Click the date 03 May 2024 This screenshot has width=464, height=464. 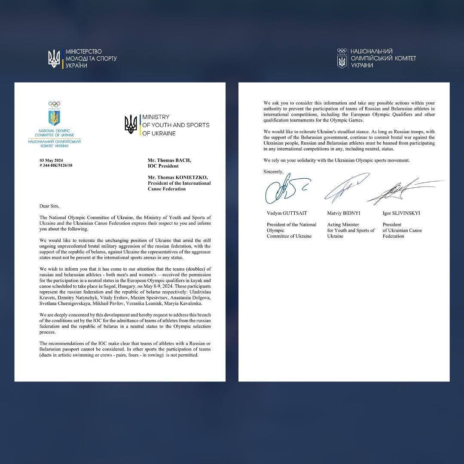pyautogui.click(x=50, y=160)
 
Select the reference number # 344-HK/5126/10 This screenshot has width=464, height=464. pyautogui.click(x=56, y=165)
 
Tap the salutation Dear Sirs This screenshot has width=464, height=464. pyautogui.click(x=49, y=206)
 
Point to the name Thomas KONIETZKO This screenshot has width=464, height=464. pyautogui.click(x=179, y=177)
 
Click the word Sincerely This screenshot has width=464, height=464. pyautogui.click(x=274, y=171)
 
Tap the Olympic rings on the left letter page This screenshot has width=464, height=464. pyautogui.click(x=54, y=104)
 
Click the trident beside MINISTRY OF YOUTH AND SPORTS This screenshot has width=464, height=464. pyautogui.click(x=131, y=125)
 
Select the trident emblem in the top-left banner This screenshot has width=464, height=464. pyautogui.click(x=54, y=59)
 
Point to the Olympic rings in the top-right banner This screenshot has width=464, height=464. pyautogui.click(x=342, y=50)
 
